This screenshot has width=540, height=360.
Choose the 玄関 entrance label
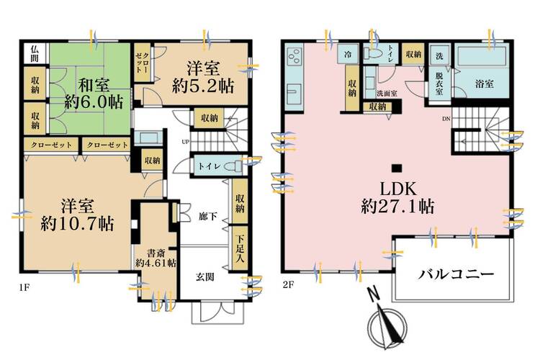[204, 276]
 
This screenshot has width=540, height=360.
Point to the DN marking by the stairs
[446, 120]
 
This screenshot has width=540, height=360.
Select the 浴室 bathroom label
[484, 84]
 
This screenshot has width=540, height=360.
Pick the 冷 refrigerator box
[348, 55]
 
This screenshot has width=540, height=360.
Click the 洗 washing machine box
[438, 55]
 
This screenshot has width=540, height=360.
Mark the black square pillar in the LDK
[395, 162]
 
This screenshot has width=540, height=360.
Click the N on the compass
[373, 294]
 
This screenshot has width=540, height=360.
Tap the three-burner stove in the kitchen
[295, 56]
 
